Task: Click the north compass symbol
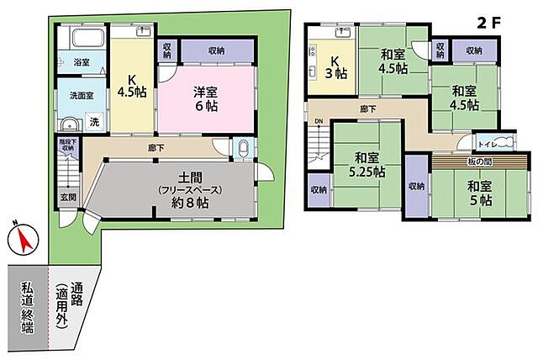click(x=21, y=240)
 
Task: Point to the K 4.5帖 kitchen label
click(x=132, y=86)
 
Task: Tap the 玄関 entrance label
click(x=66, y=199)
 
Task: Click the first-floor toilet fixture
click(x=242, y=149)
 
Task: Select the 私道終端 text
click(x=27, y=308)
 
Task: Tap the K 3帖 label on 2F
click(x=335, y=66)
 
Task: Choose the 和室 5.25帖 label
click(x=367, y=163)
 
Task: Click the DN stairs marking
click(x=319, y=121)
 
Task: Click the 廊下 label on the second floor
click(x=368, y=109)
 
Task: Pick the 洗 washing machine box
click(x=93, y=123)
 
